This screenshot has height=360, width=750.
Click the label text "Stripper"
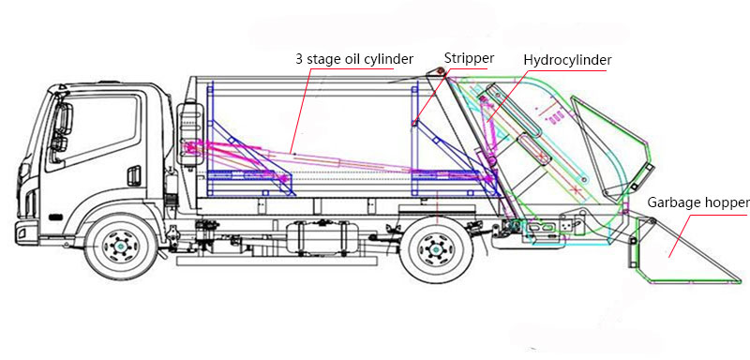[469, 58]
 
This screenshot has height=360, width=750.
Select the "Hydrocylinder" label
[567, 60]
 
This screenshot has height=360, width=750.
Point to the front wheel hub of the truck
[119, 247]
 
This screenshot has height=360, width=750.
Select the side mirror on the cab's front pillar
[63, 127]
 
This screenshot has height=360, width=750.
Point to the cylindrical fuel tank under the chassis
[319, 236]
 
